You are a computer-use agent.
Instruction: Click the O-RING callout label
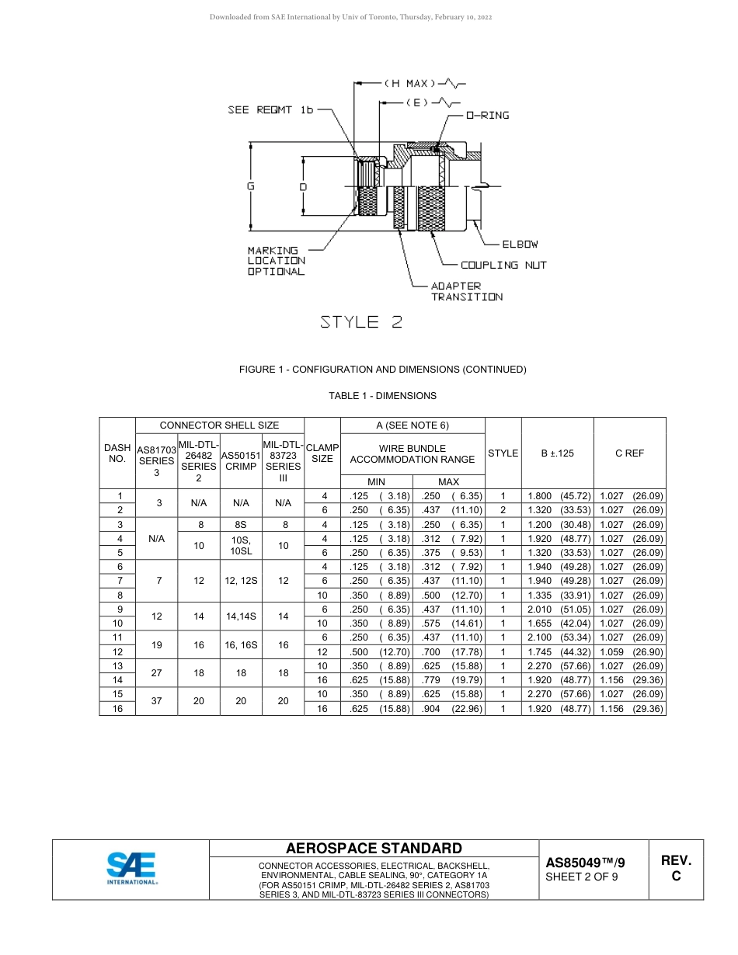coord(487,116)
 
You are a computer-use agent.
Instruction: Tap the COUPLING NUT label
coord(503,266)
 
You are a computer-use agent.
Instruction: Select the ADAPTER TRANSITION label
coord(466,291)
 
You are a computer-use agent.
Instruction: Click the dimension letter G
coord(250,186)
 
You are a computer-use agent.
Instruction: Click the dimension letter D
coord(303,187)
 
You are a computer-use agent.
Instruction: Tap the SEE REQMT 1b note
coord(270,110)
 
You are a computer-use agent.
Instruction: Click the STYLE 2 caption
coord(362,322)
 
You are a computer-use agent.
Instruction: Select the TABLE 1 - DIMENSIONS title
coord(382,396)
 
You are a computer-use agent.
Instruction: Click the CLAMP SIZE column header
coord(322,453)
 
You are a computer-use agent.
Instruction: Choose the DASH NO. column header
coord(117,453)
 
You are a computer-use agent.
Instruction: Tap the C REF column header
coord(629,453)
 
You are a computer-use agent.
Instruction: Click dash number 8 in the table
coord(120,596)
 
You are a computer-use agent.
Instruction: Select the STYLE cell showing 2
coord(503,510)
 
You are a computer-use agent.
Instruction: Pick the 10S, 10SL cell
coord(241,546)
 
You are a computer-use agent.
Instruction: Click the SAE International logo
coord(131,869)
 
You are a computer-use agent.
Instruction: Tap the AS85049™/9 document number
coord(586,863)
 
